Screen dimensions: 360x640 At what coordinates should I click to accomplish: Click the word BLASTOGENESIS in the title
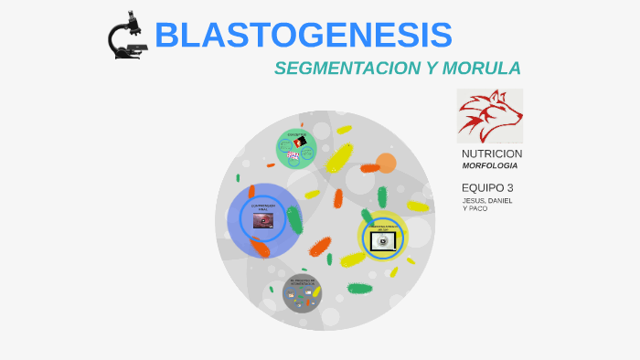point(304,35)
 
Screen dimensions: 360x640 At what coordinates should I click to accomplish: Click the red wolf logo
point(489,115)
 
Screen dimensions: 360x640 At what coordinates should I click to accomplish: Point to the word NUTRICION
point(492,154)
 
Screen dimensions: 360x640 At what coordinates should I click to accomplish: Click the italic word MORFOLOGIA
point(489,166)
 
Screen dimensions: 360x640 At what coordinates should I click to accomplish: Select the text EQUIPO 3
point(487,188)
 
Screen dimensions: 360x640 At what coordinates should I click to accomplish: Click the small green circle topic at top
point(296,148)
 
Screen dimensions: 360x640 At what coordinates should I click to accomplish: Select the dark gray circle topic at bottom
point(302,294)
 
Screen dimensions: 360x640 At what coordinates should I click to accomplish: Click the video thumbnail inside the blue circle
point(262,220)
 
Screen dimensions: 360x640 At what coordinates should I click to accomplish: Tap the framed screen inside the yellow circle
point(381,240)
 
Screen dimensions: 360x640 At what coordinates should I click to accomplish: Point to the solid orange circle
point(386,164)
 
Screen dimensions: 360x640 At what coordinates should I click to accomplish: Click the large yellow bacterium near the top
point(339,157)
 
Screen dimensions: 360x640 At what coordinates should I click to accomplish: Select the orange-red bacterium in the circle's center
point(320,246)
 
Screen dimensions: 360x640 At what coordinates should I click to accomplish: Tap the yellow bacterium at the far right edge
point(418,206)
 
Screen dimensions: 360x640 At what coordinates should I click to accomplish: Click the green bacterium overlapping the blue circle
point(294,219)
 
